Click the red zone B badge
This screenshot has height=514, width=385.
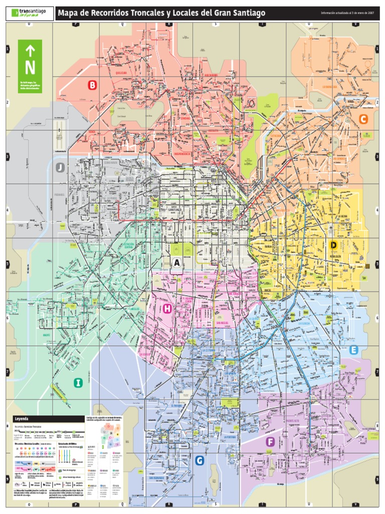coord(92,85)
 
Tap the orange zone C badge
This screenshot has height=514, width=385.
coord(363,119)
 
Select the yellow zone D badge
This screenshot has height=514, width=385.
coord(333,245)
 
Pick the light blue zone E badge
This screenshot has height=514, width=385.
coord(354,350)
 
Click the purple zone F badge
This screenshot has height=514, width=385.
coord(270,442)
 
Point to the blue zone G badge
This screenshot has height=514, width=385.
coord(200,460)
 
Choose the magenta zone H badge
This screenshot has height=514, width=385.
coord(167,309)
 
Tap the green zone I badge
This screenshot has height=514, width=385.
coord(78,383)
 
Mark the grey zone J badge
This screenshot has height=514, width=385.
coord(61,167)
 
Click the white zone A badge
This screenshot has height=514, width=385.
coord(176,262)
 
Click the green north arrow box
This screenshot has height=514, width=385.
coord(30,62)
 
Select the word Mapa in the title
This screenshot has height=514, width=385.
coord(69,13)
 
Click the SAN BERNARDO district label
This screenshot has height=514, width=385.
coord(157,478)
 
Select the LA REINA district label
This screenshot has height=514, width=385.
coord(343,216)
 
